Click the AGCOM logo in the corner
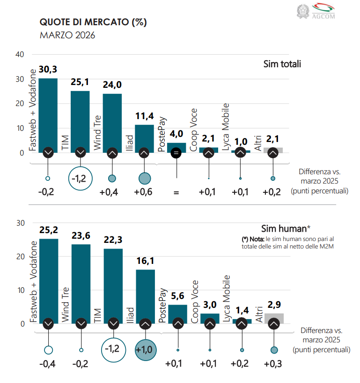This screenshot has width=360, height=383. pyautogui.click(x=316, y=11)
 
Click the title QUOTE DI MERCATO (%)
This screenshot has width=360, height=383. pyautogui.click(x=93, y=22)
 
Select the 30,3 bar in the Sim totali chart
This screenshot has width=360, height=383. pyautogui.click(x=48, y=115)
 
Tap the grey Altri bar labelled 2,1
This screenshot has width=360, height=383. pyautogui.click(x=273, y=150)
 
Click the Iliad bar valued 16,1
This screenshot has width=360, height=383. pyautogui.click(x=146, y=297)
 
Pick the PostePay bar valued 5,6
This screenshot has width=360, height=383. pyautogui.click(x=177, y=314)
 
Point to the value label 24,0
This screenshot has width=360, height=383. pyautogui.click(x=112, y=85)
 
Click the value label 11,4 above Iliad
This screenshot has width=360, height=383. pyautogui.click(x=145, y=116)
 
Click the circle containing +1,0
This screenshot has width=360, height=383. pyautogui.click(x=146, y=350)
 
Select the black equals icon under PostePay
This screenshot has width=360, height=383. pyautogui.click(x=176, y=153)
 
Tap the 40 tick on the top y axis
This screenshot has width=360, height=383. pyautogui.click(x=20, y=54)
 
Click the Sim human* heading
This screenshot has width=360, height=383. pyautogui.click(x=286, y=228)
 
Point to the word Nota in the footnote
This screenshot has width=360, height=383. pyautogui.click(x=257, y=239)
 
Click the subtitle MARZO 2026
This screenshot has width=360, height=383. pyautogui.click(x=67, y=35)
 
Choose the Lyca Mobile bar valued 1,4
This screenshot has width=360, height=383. pyautogui.click(x=242, y=321)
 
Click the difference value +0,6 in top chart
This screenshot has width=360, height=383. pyautogui.click(x=143, y=192)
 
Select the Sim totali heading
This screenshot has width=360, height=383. pyautogui.click(x=282, y=64)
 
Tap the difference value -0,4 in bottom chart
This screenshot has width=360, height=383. pyautogui.click(x=47, y=364)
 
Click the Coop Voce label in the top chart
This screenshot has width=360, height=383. pyautogui.click(x=193, y=130)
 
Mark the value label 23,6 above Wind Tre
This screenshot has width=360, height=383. pyautogui.click(x=81, y=236)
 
